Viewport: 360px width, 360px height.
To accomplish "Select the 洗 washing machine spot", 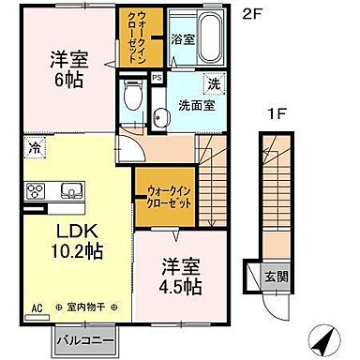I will (x=214, y=84).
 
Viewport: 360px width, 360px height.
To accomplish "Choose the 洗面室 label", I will (x=197, y=106).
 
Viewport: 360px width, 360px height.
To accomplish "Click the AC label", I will (x=37, y=307).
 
